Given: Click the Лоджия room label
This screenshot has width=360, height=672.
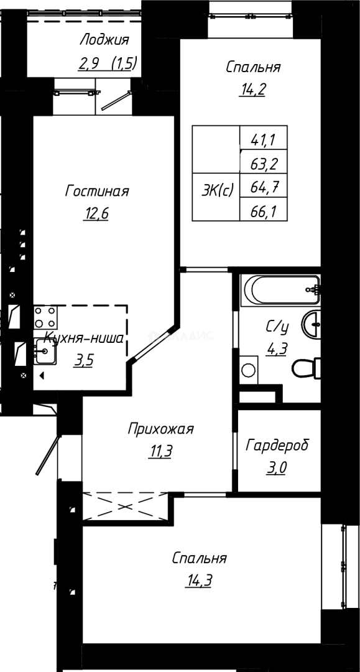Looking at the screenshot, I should pos(104,41).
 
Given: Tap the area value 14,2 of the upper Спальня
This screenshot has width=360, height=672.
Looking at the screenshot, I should pos(253,89).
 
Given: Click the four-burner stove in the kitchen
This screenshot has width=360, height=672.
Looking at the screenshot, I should pos(45,317).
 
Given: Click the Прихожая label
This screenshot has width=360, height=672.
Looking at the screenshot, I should pos(161,429).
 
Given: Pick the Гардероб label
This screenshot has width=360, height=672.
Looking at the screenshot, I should pos(277,446).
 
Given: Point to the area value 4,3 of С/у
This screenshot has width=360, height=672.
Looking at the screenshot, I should pos(276,348).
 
